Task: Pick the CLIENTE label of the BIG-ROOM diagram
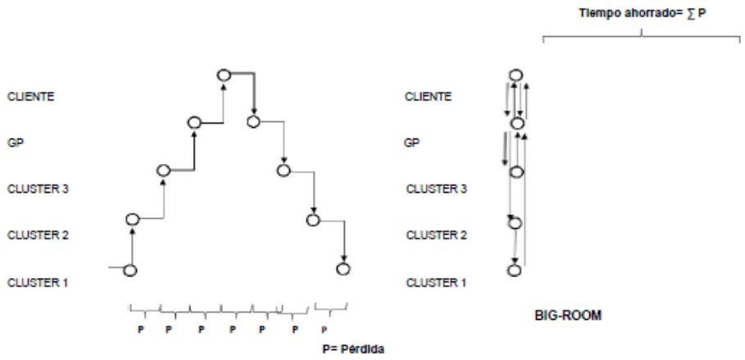click(429, 96)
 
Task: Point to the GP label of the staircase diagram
click(14, 142)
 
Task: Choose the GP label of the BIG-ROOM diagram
click(413, 142)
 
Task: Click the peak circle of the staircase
click(224, 75)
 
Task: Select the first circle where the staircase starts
click(129, 270)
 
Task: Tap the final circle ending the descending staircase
click(343, 268)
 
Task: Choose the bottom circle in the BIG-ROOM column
click(515, 270)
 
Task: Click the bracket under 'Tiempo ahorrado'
click(642, 36)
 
